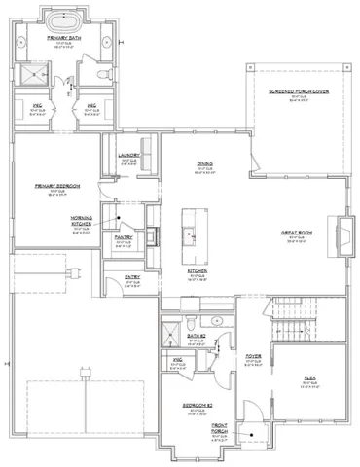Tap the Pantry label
point(124,236)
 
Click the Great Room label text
point(296,233)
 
